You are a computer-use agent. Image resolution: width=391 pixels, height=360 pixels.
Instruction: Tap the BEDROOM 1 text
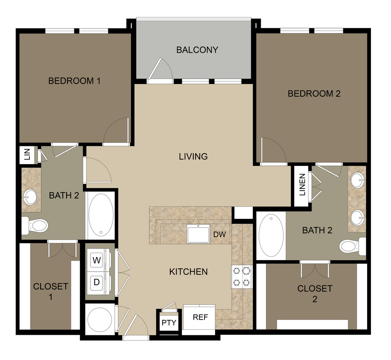click(x=74, y=81)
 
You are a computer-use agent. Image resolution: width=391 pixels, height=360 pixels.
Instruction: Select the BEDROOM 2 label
click(x=314, y=94)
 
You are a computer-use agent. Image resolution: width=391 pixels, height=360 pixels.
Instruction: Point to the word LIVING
click(x=193, y=157)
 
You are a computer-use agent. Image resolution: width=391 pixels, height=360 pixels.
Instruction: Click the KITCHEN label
click(x=188, y=272)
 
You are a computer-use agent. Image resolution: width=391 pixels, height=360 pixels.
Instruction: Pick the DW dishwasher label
click(x=219, y=234)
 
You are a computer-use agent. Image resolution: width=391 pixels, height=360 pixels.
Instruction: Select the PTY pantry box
click(x=169, y=322)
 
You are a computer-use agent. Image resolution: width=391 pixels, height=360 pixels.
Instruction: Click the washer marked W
click(x=96, y=260)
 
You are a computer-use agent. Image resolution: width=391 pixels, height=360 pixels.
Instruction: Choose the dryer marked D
click(x=96, y=282)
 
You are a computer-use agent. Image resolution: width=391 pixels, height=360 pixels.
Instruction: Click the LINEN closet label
click(x=302, y=185)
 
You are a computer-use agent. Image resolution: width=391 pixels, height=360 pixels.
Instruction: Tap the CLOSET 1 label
click(x=50, y=291)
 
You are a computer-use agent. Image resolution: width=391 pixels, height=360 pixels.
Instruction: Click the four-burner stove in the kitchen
click(x=241, y=276)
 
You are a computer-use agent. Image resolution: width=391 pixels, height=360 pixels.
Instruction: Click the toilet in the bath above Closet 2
click(x=351, y=246)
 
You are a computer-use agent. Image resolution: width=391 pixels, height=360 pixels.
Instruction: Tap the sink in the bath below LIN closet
click(x=31, y=197)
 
